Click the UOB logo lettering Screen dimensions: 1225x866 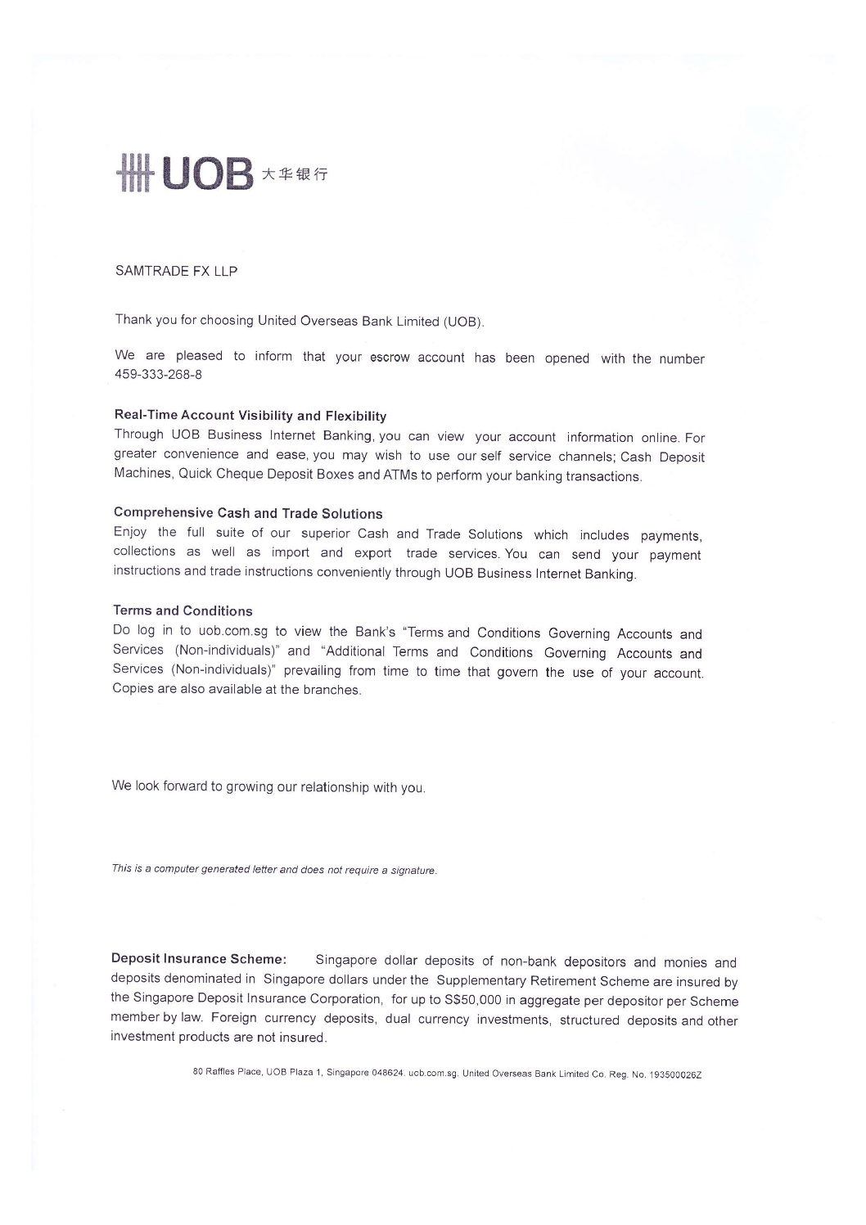coord(208,173)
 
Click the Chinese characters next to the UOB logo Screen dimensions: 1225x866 coord(295,173)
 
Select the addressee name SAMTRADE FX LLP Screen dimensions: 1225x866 coord(176,271)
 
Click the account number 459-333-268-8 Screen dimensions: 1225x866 coord(158,375)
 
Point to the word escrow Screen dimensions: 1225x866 coord(389,358)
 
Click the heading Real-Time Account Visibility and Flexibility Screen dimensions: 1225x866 coord(250,416)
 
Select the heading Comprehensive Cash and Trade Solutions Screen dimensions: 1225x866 coord(248,513)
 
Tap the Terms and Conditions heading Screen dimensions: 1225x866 coord(183,610)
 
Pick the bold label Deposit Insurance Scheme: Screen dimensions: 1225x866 coord(199,958)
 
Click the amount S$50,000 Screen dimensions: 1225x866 coord(469,1000)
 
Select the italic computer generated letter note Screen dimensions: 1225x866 coord(274,869)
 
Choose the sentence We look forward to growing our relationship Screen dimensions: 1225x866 coord(268,787)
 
